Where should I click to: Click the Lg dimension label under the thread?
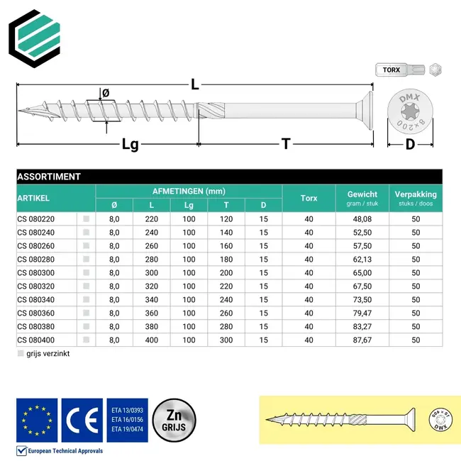point(130,144)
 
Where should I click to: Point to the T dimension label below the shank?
point(286,144)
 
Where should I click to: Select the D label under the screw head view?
point(410,145)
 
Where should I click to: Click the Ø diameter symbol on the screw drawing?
point(106,93)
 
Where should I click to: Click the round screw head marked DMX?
point(410,112)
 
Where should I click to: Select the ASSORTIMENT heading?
point(49,177)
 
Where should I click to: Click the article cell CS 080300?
point(45,272)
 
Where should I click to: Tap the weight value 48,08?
point(362,219)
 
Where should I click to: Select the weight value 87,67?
point(362,340)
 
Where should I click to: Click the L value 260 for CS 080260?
point(151,246)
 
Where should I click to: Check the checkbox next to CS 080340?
point(87,299)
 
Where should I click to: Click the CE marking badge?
point(82,420)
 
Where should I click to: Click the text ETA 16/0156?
point(128,420)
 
